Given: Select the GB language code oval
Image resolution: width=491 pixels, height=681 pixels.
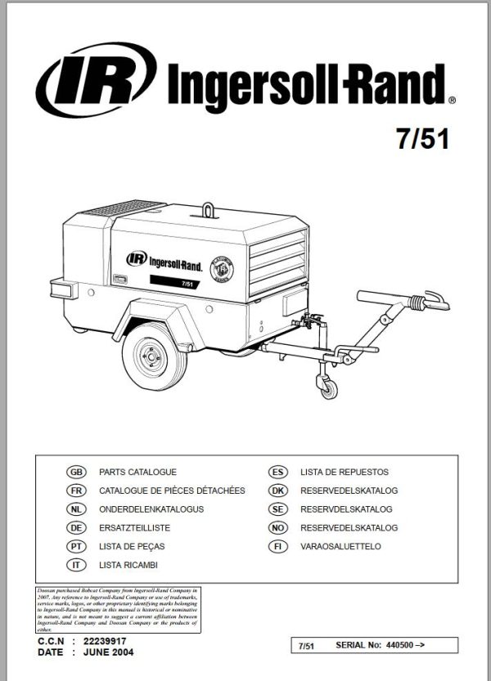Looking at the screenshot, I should [74, 473].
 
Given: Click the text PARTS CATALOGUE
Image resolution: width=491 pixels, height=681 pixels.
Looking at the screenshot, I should [137, 473].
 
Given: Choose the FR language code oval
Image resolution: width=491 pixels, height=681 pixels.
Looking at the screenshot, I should [74, 491].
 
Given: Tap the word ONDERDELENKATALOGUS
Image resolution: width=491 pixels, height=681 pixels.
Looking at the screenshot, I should [151, 509].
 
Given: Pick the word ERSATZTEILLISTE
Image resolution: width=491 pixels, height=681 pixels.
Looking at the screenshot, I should [134, 527].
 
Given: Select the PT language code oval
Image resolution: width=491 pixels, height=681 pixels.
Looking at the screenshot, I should [74, 546].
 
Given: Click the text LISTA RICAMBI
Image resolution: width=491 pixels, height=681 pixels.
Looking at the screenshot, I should [128, 565].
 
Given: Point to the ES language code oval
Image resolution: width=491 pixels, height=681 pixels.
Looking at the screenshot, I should [277, 473].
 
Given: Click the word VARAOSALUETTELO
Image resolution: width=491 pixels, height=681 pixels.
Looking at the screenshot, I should [340, 546].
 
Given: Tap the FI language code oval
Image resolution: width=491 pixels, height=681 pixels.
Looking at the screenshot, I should [277, 546].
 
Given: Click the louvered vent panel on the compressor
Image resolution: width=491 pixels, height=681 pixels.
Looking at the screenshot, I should [279, 258].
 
